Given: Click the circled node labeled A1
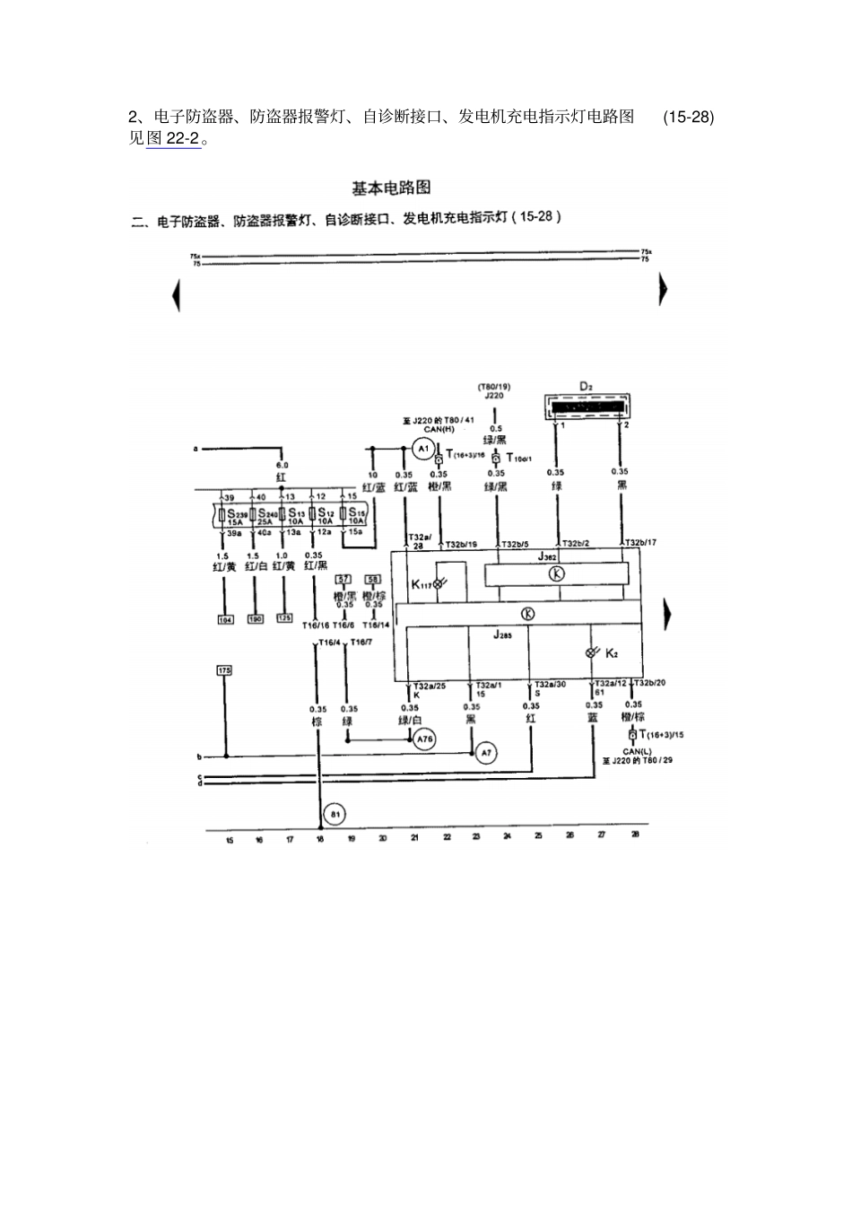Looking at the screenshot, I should tap(424, 448).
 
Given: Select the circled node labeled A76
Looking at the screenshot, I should tap(424, 739).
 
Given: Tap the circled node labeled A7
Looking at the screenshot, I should tap(486, 752).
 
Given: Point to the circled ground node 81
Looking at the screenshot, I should tap(335, 814).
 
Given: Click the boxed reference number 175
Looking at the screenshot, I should tap(225, 670).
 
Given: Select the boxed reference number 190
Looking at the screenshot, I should tap(255, 618).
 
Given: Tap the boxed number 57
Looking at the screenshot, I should tap(343, 580).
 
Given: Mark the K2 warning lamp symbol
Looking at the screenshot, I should tap(590, 652).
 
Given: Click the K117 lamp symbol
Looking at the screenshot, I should tap(438, 583).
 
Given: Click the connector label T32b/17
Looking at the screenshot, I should tap(640, 543).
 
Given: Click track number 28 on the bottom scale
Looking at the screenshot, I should tap(635, 835).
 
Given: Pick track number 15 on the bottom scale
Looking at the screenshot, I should tap(229, 841).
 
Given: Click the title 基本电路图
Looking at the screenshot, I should tap(391, 188).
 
